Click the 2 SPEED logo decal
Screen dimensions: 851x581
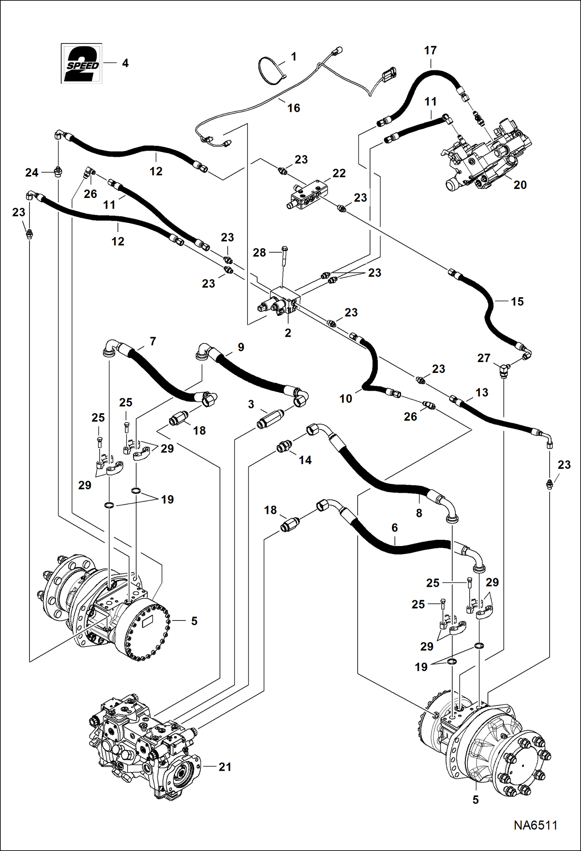point(82,64)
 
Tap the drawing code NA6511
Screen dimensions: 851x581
point(535,825)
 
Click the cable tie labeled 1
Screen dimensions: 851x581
point(270,71)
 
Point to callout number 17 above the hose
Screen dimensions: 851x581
point(430,50)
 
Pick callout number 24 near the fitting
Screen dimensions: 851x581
point(32,173)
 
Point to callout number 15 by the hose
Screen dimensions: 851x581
point(517,302)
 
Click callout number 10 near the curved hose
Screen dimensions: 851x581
point(346,399)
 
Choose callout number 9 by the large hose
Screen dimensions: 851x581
point(241,347)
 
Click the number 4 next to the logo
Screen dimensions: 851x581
point(125,63)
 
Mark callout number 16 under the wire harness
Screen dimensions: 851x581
point(294,108)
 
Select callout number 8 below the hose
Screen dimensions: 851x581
point(419,513)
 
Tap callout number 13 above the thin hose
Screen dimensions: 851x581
point(482,392)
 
